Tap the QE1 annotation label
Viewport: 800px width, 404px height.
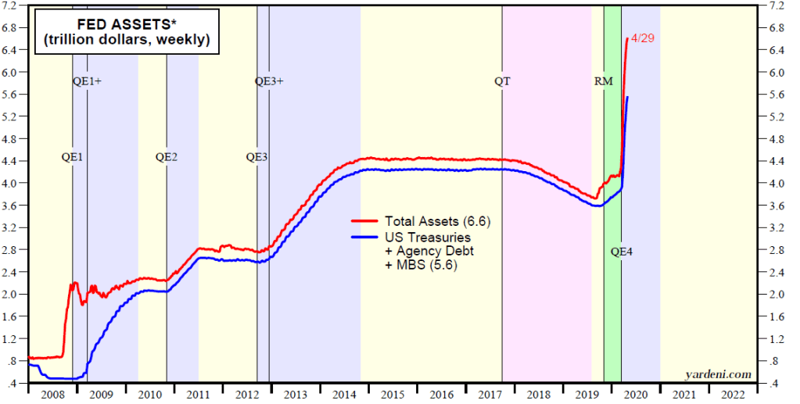[x=72, y=156]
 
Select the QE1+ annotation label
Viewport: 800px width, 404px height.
[x=87, y=81]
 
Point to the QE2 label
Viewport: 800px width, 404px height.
[x=166, y=156]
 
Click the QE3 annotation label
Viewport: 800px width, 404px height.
[x=257, y=156]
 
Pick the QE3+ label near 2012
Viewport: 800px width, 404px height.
[x=270, y=81]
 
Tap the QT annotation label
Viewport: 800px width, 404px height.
[x=502, y=81]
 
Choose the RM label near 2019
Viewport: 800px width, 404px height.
[x=604, y=81]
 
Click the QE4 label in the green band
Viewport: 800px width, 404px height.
[x=620, y=252]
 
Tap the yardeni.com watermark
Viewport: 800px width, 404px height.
[x=717, y=374]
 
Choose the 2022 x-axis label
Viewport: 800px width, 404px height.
[x=733, y=395]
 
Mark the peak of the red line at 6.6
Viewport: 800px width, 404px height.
[x=628, y=38]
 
